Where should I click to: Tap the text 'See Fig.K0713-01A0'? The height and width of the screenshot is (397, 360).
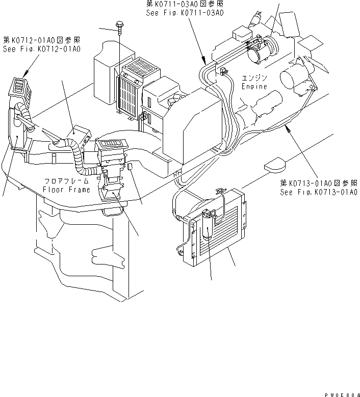click(x=318, y=192)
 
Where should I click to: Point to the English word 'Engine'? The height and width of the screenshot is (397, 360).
click(x=254, y=87)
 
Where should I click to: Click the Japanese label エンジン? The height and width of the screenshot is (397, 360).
click(x=255, y=78)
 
